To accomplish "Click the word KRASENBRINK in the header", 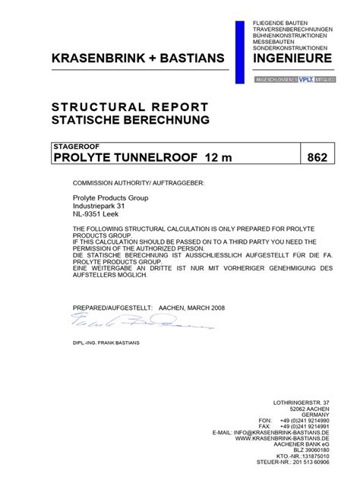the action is tap(93, 58).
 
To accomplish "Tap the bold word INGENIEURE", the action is tap(292, 58).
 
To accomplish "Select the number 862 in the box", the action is tap(317, 157).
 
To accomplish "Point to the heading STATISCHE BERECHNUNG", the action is tap(129, 119).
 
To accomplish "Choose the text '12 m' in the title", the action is tap(216, 157).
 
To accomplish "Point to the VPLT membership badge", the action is tap(305, 79).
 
